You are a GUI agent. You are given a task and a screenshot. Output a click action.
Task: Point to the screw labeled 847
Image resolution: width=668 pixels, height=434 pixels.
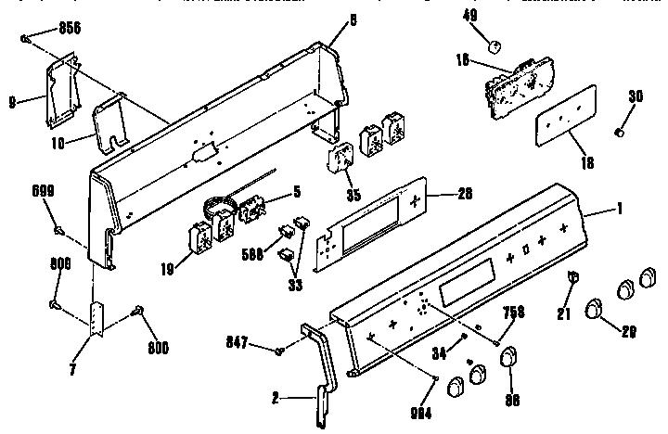(x=277, y=350)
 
